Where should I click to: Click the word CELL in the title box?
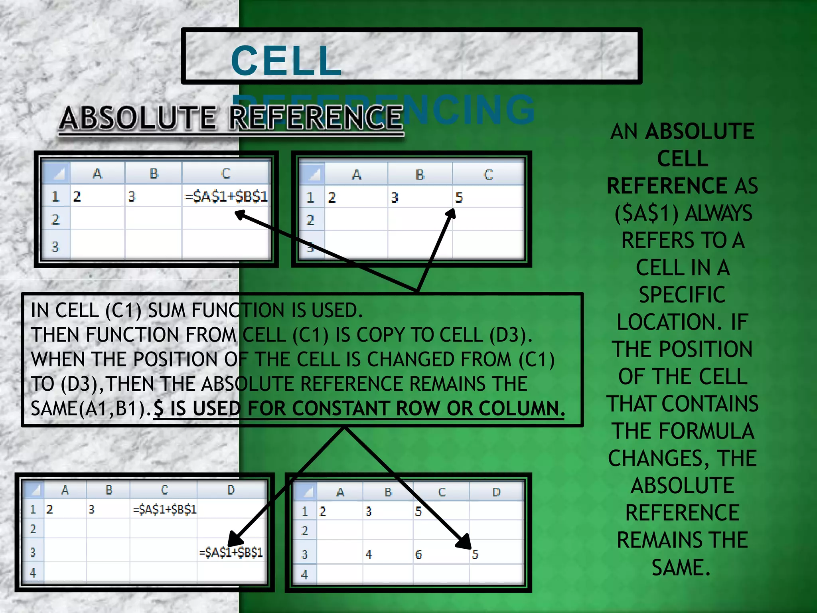[x=286, y=61]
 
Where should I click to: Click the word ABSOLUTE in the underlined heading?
[x=138, y=118]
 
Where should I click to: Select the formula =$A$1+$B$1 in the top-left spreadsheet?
[x=226, y=197]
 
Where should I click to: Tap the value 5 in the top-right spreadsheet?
[x=459, y=198]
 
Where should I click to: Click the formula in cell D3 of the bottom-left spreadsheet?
[x=231, y=552]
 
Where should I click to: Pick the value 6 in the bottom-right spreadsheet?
[x=418, y=554]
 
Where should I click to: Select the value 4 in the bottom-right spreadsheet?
[x=369, y=554]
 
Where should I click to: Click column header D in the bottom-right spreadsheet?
[x=496, y=492]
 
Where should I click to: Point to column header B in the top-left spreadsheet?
[x=154, y=174]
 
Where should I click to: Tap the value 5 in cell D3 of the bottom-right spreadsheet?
[x=475, y=554]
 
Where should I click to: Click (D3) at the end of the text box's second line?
[x=511, y=335]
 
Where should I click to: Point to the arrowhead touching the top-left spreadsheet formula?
[x=240, y=216]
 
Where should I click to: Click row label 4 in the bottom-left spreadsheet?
[x=33, y=573]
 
